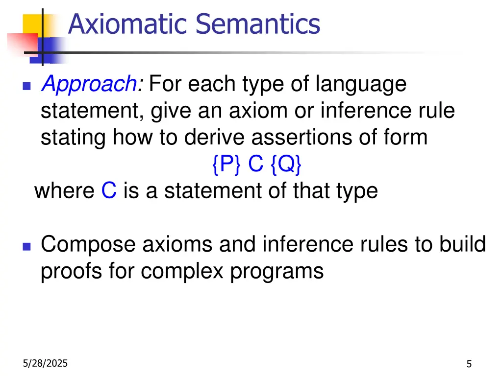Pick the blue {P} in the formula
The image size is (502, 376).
tap(226, 165)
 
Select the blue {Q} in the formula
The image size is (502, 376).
tap(285, 165)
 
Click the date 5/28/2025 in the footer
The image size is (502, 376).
tap(46, 363)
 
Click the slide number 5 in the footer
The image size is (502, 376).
tap(469, 364)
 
